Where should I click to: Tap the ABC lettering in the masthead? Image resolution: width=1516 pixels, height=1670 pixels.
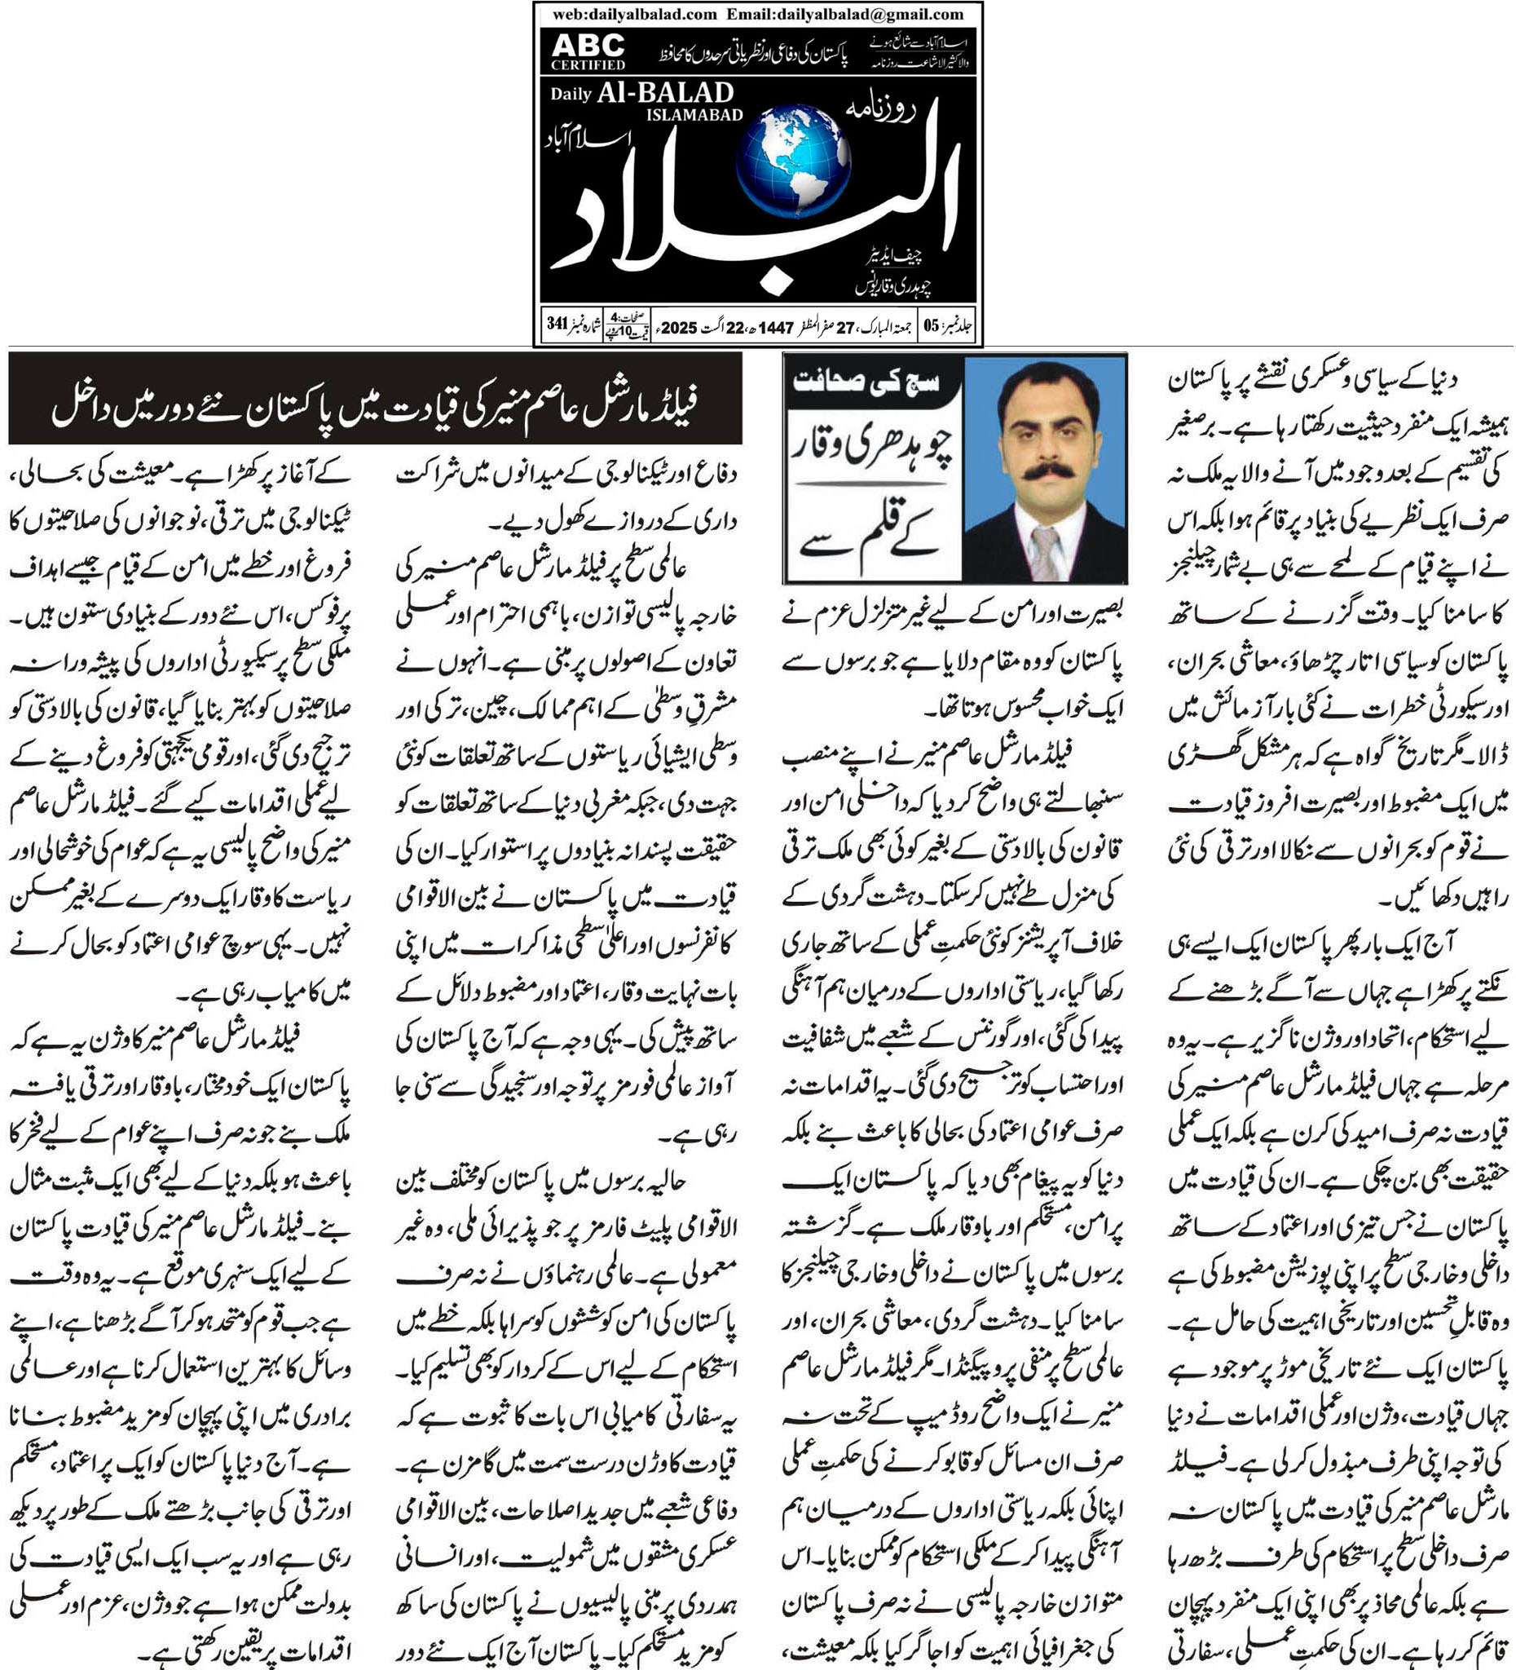click(x=588, y=45)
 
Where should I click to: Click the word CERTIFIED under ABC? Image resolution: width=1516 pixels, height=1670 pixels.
click(x=588, y=64)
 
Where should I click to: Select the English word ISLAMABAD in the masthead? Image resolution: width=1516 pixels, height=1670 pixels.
click(x=694, y=115)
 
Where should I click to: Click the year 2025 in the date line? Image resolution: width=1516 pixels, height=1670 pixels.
click(x=679, y=328)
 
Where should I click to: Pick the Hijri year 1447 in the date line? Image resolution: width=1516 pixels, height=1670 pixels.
click(x=776, y=328)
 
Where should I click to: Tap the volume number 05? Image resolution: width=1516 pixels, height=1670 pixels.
click(x=932, y=325)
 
